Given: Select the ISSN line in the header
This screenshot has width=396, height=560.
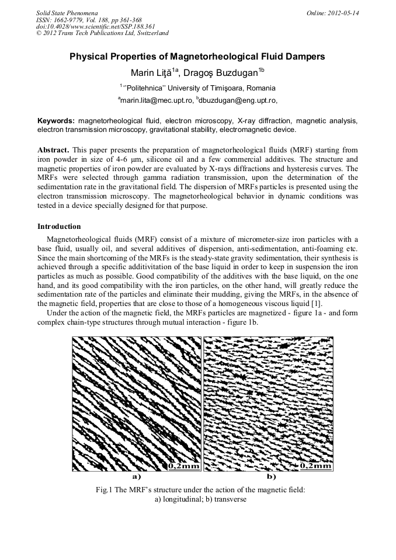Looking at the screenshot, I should [x=89, y=19].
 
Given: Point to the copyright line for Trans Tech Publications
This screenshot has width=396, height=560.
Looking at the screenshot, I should [x=102, y=33].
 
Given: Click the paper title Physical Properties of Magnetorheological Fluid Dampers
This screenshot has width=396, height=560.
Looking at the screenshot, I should [x=197, y=57].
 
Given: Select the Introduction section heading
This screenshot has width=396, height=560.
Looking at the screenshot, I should [x=59, y=226].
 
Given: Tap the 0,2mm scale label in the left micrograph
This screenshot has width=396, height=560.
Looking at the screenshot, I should [x=184, y=466].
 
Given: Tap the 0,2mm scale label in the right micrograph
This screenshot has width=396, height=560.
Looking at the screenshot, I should [x=316, y=466].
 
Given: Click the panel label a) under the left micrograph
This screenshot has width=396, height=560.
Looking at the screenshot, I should [x=137, y=476].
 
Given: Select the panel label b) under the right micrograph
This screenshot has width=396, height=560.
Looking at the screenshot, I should [x=272, y=476].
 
